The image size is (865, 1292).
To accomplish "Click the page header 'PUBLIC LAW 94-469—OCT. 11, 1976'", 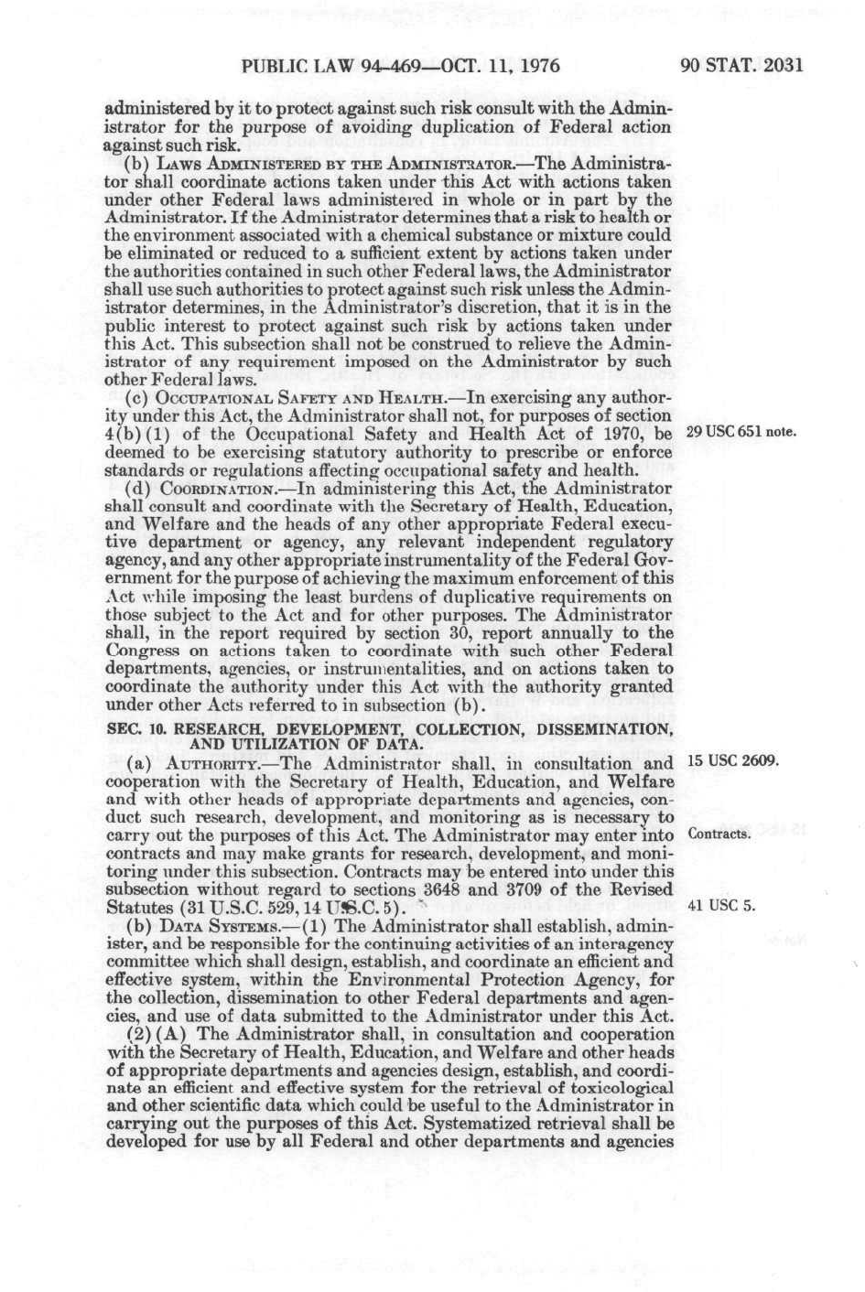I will pos(400,65).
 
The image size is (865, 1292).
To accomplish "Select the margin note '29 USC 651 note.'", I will pos(741,433).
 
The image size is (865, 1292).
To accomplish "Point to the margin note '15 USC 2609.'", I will pos(732,760).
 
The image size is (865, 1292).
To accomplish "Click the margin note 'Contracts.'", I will pos(719,834).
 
